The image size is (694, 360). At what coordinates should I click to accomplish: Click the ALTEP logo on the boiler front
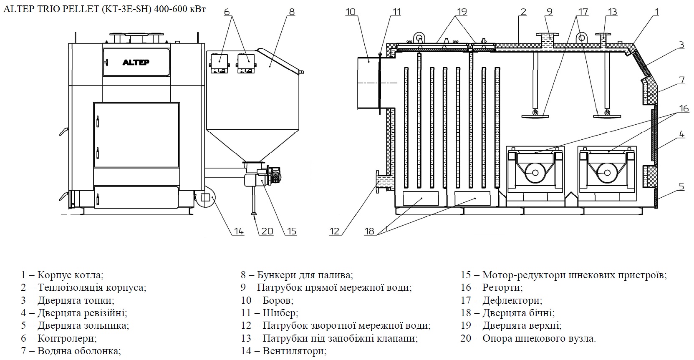pos(136,63)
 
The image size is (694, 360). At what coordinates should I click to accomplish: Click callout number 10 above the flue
pos(351,12)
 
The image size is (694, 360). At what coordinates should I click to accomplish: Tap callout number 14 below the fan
pos(238,231)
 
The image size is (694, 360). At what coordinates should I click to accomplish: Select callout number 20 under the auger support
pos(267,231)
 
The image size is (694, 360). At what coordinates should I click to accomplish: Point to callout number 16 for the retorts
pos(684,108)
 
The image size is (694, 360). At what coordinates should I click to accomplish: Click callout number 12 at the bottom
pos(335,231)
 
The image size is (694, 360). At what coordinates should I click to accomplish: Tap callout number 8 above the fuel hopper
pos(292,12)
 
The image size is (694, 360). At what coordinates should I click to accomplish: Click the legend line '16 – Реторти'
pos(491,287)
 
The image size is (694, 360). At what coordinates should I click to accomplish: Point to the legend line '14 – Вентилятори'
pos(284,351)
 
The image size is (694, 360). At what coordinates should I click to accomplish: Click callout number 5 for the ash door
pos(681,186)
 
